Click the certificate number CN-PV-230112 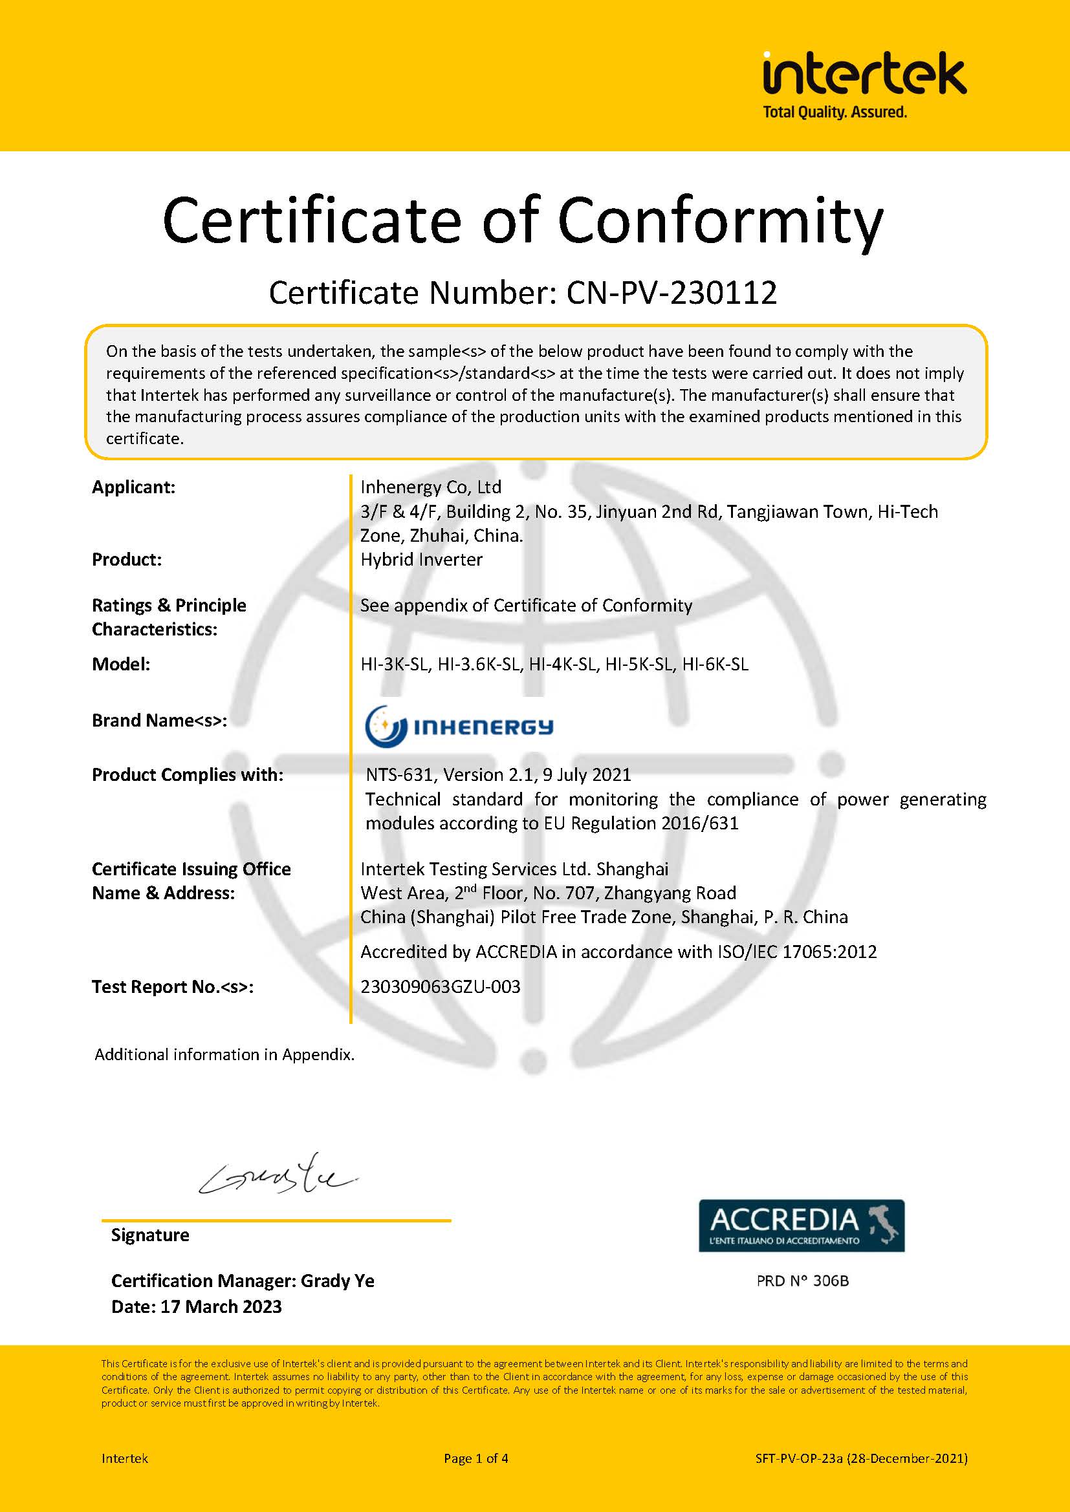671,293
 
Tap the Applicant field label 134,487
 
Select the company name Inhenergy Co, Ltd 431,487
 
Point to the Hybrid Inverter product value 421,560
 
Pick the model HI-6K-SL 715,664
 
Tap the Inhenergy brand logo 459,727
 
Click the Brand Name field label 159,720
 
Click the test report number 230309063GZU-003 440,986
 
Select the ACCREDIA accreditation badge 801,1226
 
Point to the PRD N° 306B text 802,1281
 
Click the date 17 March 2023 221,1306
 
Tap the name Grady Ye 337,1281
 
